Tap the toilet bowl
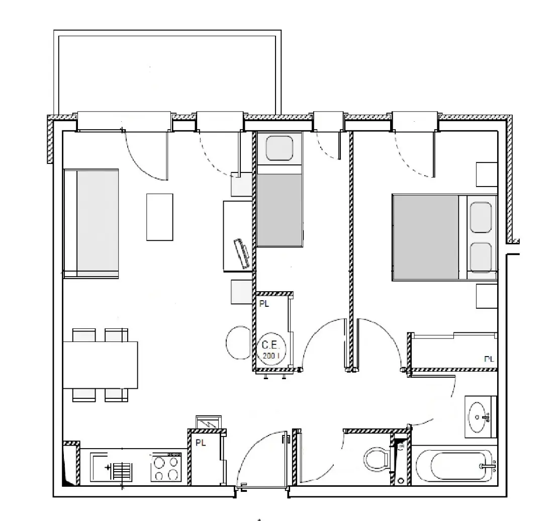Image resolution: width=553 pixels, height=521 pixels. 376,460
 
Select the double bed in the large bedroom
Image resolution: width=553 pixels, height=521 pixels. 444,237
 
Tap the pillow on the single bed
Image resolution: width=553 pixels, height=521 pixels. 280,148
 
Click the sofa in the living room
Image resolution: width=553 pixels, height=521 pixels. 91,223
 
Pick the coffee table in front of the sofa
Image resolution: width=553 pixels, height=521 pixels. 160,217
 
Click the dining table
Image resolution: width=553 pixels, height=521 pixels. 100,365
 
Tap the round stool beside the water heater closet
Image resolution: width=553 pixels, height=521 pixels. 238,342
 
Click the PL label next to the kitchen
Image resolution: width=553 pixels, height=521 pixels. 201,443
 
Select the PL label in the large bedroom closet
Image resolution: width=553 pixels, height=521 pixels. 489,359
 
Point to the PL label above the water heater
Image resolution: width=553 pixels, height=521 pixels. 264,304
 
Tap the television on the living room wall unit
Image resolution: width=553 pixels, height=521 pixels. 242,253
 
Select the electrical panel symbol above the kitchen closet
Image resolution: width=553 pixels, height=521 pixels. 209,422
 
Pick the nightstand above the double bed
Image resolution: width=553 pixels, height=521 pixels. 487,175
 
